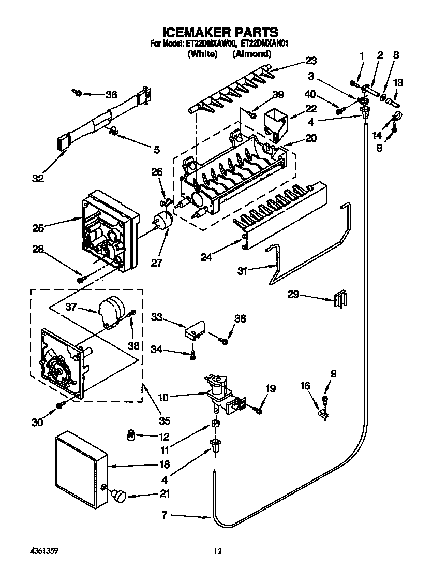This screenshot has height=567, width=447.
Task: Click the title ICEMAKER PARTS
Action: click(220, 33)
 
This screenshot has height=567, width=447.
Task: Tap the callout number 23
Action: click(310, 61)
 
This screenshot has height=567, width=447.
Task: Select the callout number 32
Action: click(37, 179)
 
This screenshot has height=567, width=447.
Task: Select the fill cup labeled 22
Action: click(274, 124)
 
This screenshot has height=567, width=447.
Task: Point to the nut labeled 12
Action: click(131, 435)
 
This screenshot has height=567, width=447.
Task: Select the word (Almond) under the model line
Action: click(251, 54)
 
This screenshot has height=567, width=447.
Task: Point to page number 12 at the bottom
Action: click(218, 552)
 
